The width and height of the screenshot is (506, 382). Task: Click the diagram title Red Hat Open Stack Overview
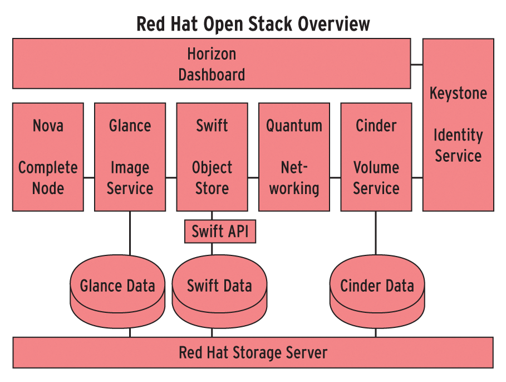[x=253, y=24]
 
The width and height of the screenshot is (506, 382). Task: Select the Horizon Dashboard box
[x=212, y=64]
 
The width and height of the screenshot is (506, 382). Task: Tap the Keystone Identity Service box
[x=458, y=124]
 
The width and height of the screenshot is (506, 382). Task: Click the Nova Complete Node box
[x=48, y=157]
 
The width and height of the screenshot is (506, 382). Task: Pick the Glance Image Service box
[x=130, y=157]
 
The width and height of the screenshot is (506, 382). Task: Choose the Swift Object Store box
[x=212, y=157]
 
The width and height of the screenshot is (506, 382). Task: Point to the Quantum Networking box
[x=294, y=157]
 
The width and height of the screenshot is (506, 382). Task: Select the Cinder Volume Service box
[x=376, y=157]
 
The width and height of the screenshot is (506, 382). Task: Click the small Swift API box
[x=220, y=231]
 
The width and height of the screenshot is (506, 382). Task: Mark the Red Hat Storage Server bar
[x=253, y=352]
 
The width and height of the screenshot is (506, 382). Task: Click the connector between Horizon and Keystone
[x=417, y=64]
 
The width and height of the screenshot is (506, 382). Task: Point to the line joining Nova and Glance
[x=89, y=178]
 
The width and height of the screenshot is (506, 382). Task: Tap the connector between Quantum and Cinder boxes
[x=335, y=178]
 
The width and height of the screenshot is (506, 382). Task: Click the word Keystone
[x=458, y=93]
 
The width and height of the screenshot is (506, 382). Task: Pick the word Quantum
[x=294, y=125]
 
